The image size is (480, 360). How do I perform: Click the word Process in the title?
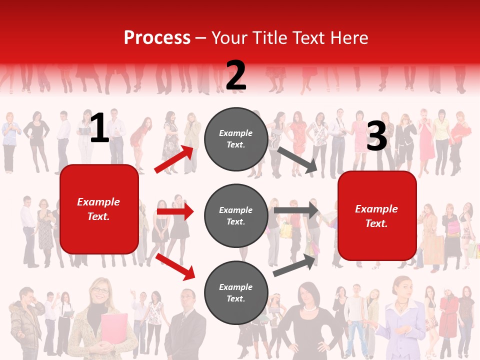[157, 38]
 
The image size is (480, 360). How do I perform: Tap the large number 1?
[99, 128]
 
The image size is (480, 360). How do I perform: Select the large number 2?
[236, 75]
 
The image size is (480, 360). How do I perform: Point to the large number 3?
[376, 136]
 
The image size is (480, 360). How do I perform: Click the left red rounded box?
[99, 209]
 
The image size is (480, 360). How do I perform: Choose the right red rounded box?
[377, 215]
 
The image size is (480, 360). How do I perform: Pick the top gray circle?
[236, 139]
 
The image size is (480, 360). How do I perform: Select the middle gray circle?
[236, 215]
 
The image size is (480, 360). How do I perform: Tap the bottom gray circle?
[236, 292]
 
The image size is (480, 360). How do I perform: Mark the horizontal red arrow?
[175, 211]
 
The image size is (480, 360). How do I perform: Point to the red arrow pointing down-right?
[175, 266]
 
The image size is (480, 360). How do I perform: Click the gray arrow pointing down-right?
[297, 160]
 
